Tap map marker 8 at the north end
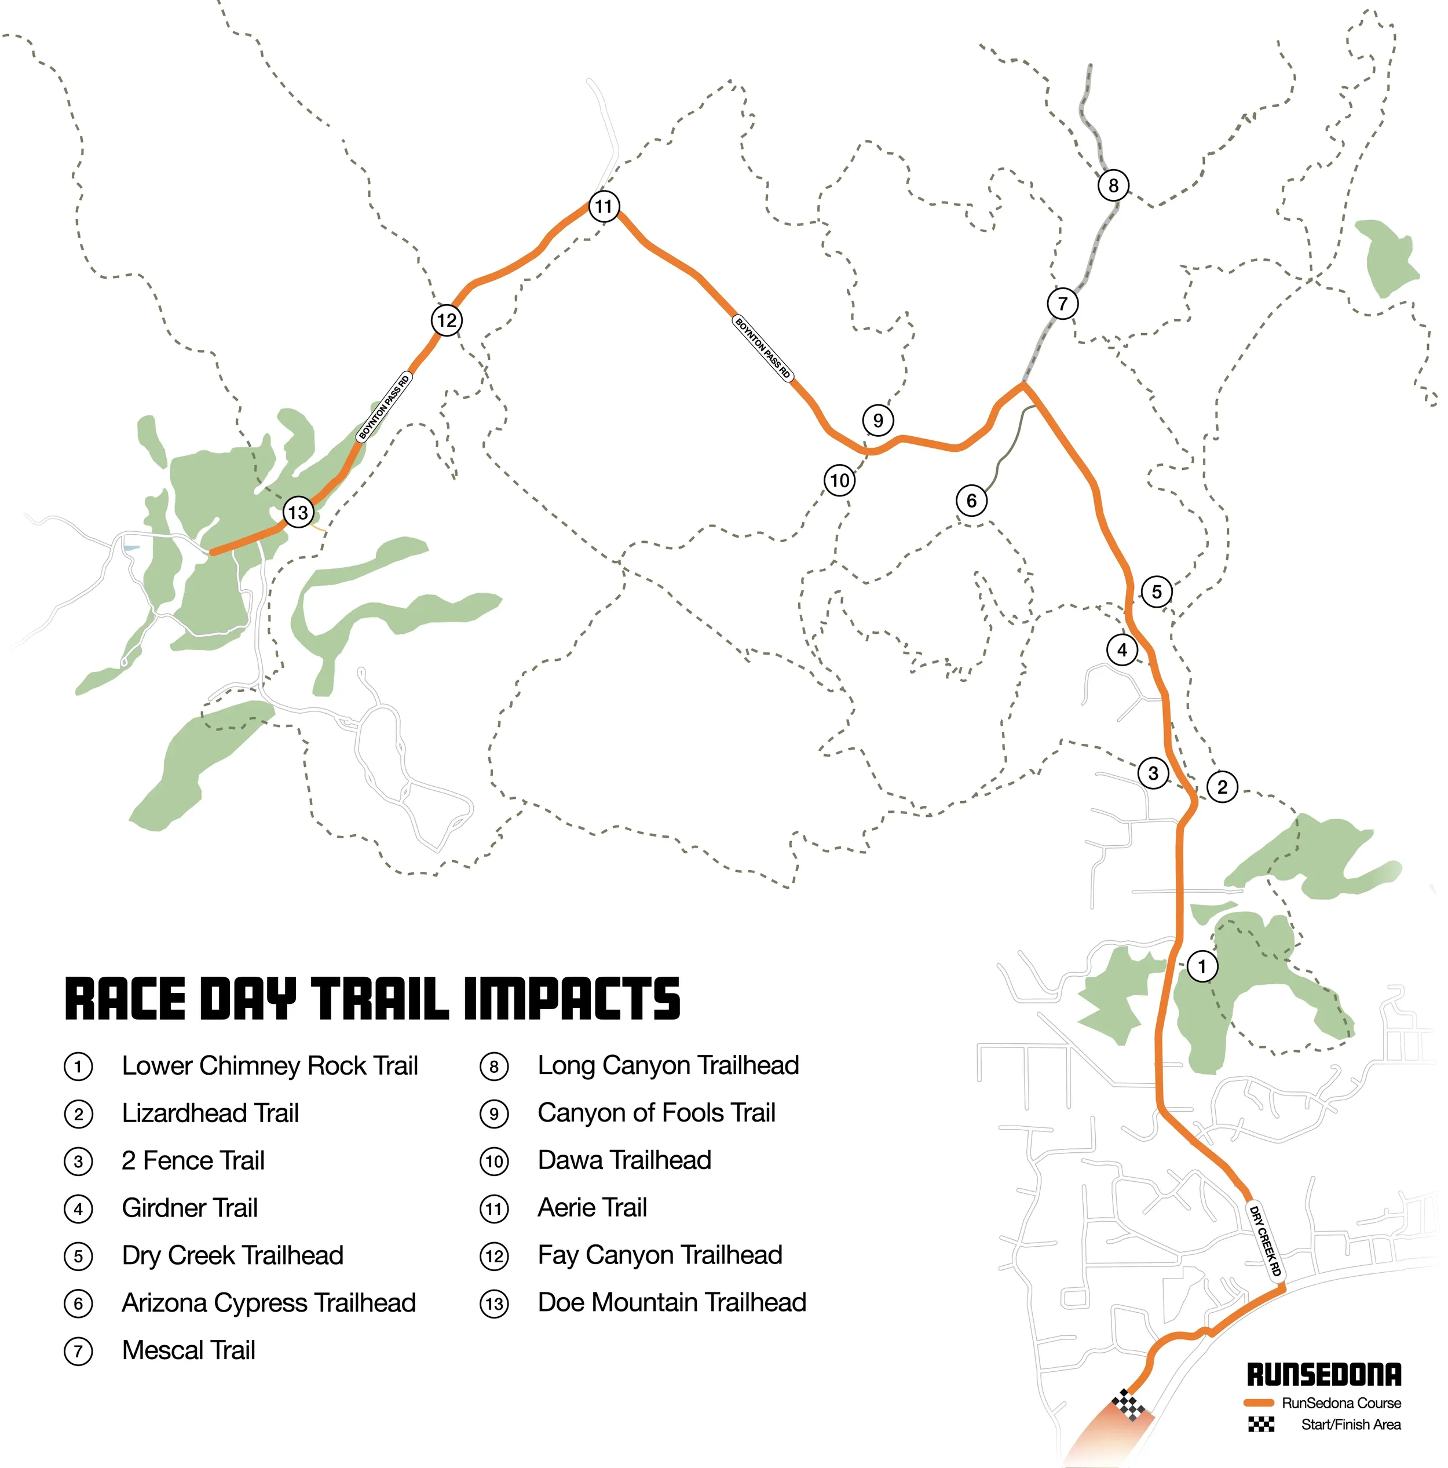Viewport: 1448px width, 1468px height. pyautogui.click(x=1113, y=185)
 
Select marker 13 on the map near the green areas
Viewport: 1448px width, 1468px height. pyautogui.click(x=298, y=512)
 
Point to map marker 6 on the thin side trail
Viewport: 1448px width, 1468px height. pyautogui.click(x=971, y=501)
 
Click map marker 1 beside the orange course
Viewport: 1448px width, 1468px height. pyautogui.click(x=1201, y=966)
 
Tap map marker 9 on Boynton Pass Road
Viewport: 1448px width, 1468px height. pyautogui.click(x=877, y=419)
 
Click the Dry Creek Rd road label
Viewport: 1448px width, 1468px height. pyautogui.click(x=1265, y=1241)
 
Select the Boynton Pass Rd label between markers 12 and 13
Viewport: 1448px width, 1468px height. pyautogui.click(x=385, y=407)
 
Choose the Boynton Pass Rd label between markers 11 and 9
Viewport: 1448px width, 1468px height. pyautogui.click(x=763, y=348)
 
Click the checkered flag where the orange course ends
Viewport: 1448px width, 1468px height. pyautogui.click(x=1128, y=1404)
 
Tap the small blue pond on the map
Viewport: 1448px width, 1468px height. pyautogui.click(x=131, y=547)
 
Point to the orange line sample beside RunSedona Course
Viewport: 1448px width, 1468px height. pyautogui.click(x=1258, y=1403)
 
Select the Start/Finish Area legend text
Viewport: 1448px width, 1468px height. pyautogui.click(x=1350, y=1424)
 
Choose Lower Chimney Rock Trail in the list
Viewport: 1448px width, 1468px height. pyautogui.click(x=270, y=1066)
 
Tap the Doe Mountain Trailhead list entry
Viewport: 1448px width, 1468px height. pyautogui.click(x=671, y=1302)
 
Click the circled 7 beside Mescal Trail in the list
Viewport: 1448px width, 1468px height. pyautogui.click(x=78, y=1352)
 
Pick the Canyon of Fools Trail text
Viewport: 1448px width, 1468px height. pyautogui.click(x=656, y=1113)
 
